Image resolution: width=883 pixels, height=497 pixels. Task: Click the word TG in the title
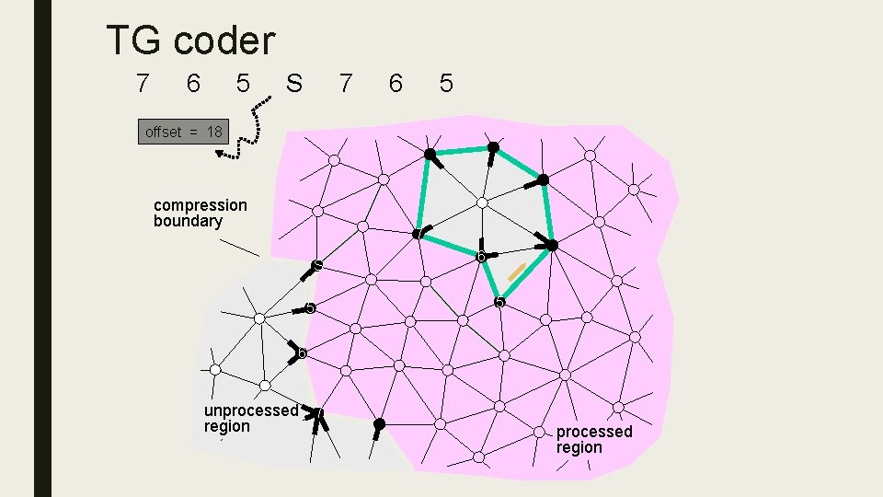coord(135,40)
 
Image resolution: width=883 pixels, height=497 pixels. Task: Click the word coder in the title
coord(224,40)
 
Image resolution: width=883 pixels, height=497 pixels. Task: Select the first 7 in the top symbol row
coord(141,84)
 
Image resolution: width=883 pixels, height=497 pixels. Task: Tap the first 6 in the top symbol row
coord(191,84)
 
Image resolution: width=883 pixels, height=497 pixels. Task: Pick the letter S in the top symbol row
coord(293,84)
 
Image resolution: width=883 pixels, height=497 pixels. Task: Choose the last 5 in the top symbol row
coord(446,84)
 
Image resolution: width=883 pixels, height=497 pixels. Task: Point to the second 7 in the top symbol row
coord(345,84)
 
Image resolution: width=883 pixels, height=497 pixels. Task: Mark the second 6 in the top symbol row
coord(396,84)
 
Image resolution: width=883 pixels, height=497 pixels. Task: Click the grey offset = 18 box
coord(183,132)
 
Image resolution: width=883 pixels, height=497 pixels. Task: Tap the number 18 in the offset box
coord(213,132)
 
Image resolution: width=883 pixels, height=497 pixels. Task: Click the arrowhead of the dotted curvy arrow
coord(222,154)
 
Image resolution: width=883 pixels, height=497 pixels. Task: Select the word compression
coord(201,204)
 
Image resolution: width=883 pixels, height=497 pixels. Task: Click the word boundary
coord(188,221)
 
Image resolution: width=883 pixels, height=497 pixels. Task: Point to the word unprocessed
coord(250,410)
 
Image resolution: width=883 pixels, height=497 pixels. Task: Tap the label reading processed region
coord(594,439)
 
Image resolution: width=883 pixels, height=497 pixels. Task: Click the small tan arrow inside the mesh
coord(517,272)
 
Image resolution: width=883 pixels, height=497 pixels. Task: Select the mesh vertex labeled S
coord(316,266)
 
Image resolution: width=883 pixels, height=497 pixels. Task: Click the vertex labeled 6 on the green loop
coord(479,255)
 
